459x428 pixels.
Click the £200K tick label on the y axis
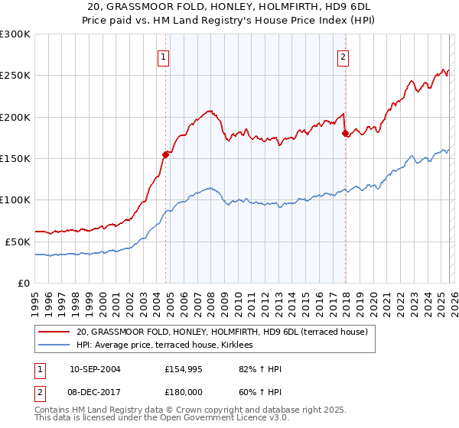pyautogui.click(x=15, y=117)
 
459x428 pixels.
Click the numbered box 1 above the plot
pyautogui.click(x=164, y=56)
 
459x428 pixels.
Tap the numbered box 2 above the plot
pyautogui.click(x=343, y=56)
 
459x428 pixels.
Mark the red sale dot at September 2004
pyautogui.click(x=165, y=154)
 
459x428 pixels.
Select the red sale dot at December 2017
pyautogui.click(x=345, y=134)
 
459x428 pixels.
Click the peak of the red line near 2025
pyautogui.click(x=444, y=69)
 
